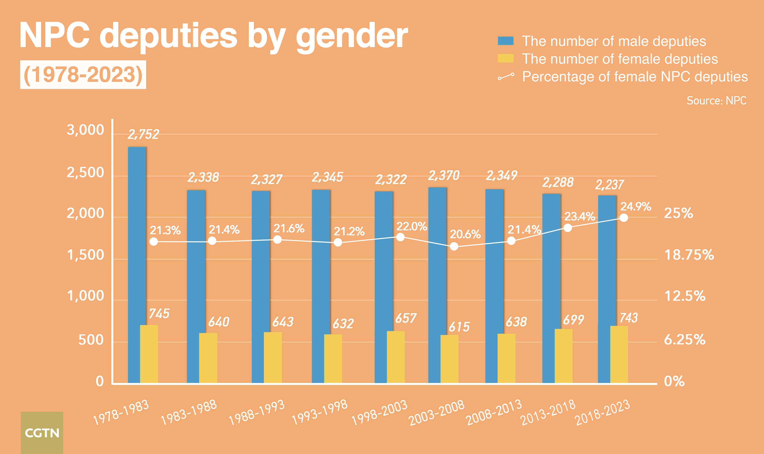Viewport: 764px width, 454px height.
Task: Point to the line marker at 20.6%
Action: [x=454, y=246]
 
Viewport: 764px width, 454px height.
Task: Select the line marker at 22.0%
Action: [x=400, y=237]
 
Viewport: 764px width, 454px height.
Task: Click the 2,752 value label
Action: [x=143, y=134]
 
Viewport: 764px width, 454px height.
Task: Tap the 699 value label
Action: [x=573, y=320]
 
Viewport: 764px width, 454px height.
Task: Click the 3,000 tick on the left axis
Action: [x=85, y=130]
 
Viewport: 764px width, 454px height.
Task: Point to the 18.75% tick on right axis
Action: [x=689, y=255]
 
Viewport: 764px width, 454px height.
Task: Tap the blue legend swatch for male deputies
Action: [x=505, y=41]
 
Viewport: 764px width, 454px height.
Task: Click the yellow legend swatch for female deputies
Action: [x=505, y=58]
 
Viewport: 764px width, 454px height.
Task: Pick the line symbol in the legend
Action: [x=506, y=76]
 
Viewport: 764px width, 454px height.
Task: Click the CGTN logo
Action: [x=42, y=433]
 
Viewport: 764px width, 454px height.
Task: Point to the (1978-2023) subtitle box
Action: [x=83, y=75]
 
